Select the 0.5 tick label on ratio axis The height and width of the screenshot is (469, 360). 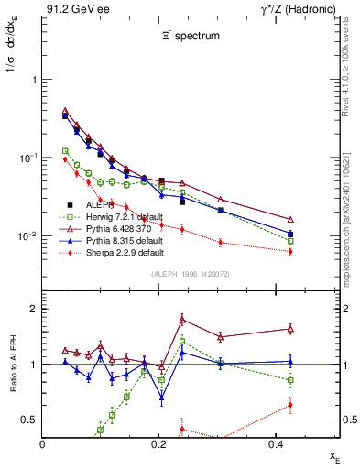click(x=28, y=420)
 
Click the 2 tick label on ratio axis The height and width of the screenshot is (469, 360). click(x=32, y=309)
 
